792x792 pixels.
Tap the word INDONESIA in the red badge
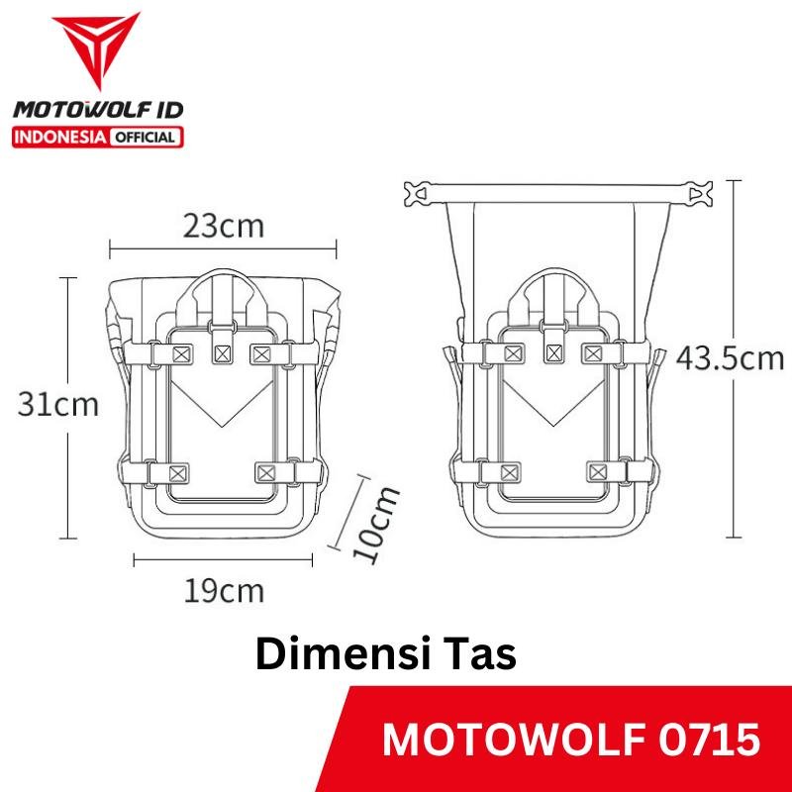pyautogui.click(x=59, y=138)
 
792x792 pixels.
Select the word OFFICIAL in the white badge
pyautogui.click(x=146, y=138)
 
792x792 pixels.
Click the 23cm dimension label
pyautogui.click(x=224, y=227)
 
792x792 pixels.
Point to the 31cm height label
pyautogui.click(x=58, y=405)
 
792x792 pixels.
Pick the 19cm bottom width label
pyautogui.click(x=224, y=591)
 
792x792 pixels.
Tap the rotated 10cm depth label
pyautogui.click(x=375, y=525)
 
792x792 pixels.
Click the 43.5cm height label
pyautogui.click(x=730, y=358)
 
